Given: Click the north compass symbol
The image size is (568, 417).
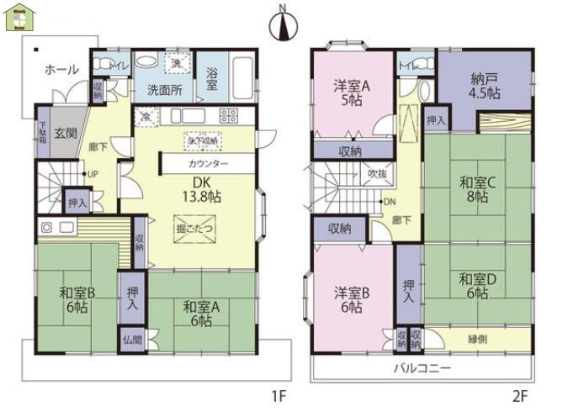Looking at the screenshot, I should pos(283,24).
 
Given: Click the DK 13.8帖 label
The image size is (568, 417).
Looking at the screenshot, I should pos(204,189).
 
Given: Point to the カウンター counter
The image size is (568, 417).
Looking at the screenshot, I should pos(208,163).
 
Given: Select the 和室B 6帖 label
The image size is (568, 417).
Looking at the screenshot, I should pos(75,300).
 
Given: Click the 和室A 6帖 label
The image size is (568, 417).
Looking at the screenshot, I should pos(199,314).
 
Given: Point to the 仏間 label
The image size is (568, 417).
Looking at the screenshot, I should pos(130,340).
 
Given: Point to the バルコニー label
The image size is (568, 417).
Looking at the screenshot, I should pos(423,368).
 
